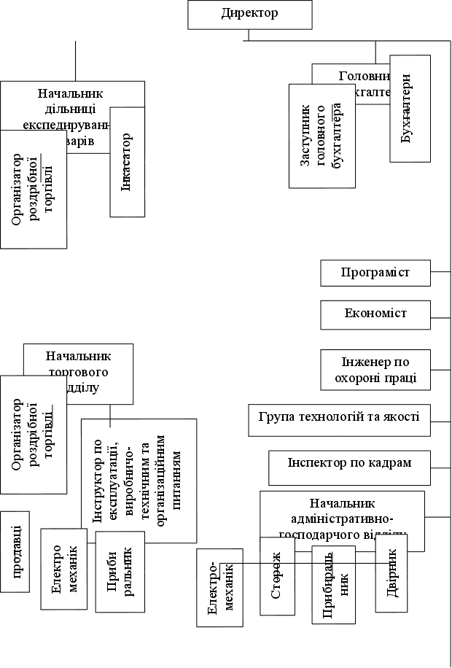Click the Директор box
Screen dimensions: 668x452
pyautogui.click(x=249, y=15)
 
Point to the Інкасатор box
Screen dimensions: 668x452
pyautogui.click(x=128, y=162)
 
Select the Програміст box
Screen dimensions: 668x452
pyautogui.click(x=375, y=273)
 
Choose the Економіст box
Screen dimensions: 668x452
pyautogui.click(x=375, y=314)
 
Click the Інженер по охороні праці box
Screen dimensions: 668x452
pyautogui.click(x=375, y=370)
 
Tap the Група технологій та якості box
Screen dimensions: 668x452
pyautogui.click(x=339, y=419)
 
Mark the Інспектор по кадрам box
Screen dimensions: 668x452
pyautogui.click(x=349, y=467)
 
